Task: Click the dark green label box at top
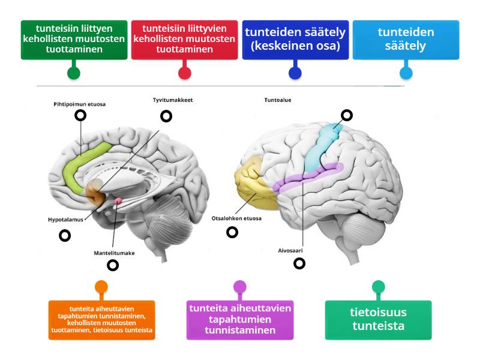point(74,40)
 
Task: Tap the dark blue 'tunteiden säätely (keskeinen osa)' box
point(295,40)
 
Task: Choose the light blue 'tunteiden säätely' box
point(406,40)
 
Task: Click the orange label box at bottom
point(101,320)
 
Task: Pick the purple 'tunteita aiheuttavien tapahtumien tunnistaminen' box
point(240,320)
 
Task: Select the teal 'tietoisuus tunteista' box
point(378,320)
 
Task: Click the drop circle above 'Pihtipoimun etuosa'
point(80,116)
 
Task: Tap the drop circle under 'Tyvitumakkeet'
point(165,116)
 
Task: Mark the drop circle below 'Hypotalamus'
point(65,236)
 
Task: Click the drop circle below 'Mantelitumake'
point(112,265)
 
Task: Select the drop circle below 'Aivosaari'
point(299,263)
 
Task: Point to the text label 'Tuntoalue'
point(278,100)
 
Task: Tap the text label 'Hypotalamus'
point(65,220)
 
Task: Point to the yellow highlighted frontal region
point(252,180)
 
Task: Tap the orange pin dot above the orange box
point(101,287)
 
